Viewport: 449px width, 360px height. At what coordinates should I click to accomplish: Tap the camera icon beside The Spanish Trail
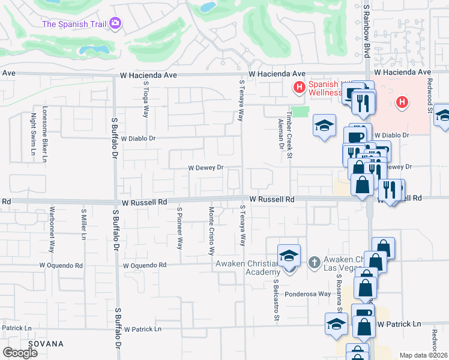click(x=115, y=24)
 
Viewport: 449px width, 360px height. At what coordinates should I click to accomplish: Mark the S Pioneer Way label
click(x=179, y=228)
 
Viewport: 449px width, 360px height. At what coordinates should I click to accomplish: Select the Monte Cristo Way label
click(x=211, y=229)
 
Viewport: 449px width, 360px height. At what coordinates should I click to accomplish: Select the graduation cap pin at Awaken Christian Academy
click(x=289, y=255)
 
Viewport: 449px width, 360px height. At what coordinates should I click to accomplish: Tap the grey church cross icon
click(x=313, y=262)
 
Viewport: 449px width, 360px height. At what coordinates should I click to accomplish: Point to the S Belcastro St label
click(x=277, y=301)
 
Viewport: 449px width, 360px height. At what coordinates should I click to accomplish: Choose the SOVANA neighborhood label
click(x=50, y=344)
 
